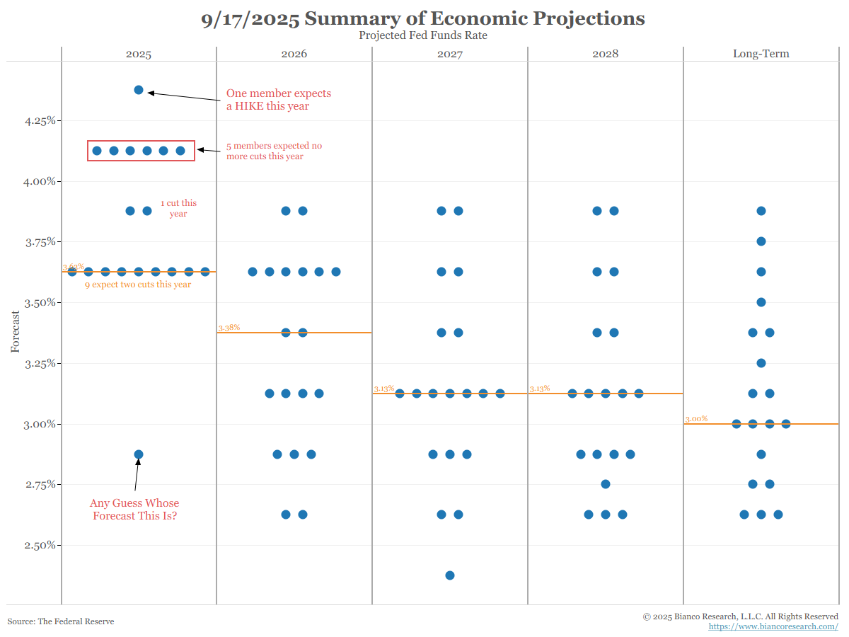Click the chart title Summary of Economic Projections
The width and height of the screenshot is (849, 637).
point(423,18)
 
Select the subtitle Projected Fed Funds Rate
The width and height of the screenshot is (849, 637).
point(423,35)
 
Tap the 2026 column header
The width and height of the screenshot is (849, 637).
point(294,54)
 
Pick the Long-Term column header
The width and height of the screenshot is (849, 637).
point(761,54)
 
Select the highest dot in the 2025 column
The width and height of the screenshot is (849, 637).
point(139,90)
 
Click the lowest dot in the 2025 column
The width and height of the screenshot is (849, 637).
point(139,454)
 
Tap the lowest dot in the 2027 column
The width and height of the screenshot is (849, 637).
point(450,575)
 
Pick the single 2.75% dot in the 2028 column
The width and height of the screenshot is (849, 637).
point(606,484)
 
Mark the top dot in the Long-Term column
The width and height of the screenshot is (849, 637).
point(761,211)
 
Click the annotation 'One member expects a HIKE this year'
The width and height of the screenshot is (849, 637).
point(278,100)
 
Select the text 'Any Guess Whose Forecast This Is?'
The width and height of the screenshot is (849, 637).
point(134,510)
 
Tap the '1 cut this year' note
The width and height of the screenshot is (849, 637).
point(178,208)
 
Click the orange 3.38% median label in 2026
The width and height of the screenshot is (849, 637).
point(229,328)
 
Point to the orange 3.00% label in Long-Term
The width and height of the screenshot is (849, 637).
point(696,419)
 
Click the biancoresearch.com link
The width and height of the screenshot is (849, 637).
point(773,626)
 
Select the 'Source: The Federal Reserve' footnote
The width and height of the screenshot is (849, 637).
point(61,621)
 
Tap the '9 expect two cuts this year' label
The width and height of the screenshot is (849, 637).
point(138,285)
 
